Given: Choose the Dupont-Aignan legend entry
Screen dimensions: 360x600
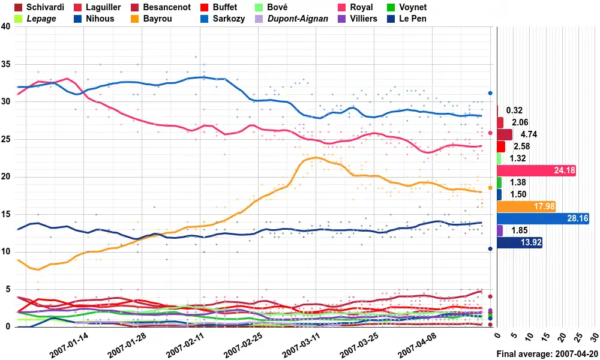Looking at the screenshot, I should point(298,19).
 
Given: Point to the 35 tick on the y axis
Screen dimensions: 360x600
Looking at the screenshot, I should point(5,64).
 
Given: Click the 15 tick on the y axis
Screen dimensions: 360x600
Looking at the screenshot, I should point(5,214).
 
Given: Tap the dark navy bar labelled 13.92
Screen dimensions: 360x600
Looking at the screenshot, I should point(520,242).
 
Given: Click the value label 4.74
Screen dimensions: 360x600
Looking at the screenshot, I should point(526,134).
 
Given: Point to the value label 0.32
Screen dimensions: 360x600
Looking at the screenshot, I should point(514,110).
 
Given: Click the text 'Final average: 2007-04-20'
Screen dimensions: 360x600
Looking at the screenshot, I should point(547,354).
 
